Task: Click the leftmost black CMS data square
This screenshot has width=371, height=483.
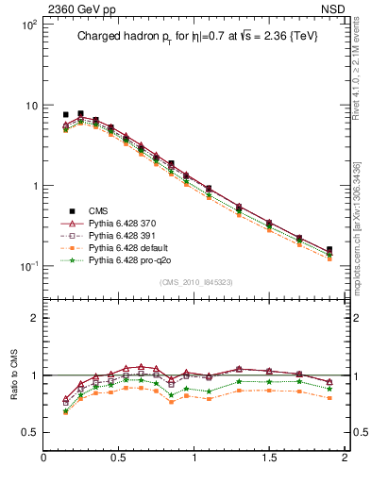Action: (65, 114)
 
